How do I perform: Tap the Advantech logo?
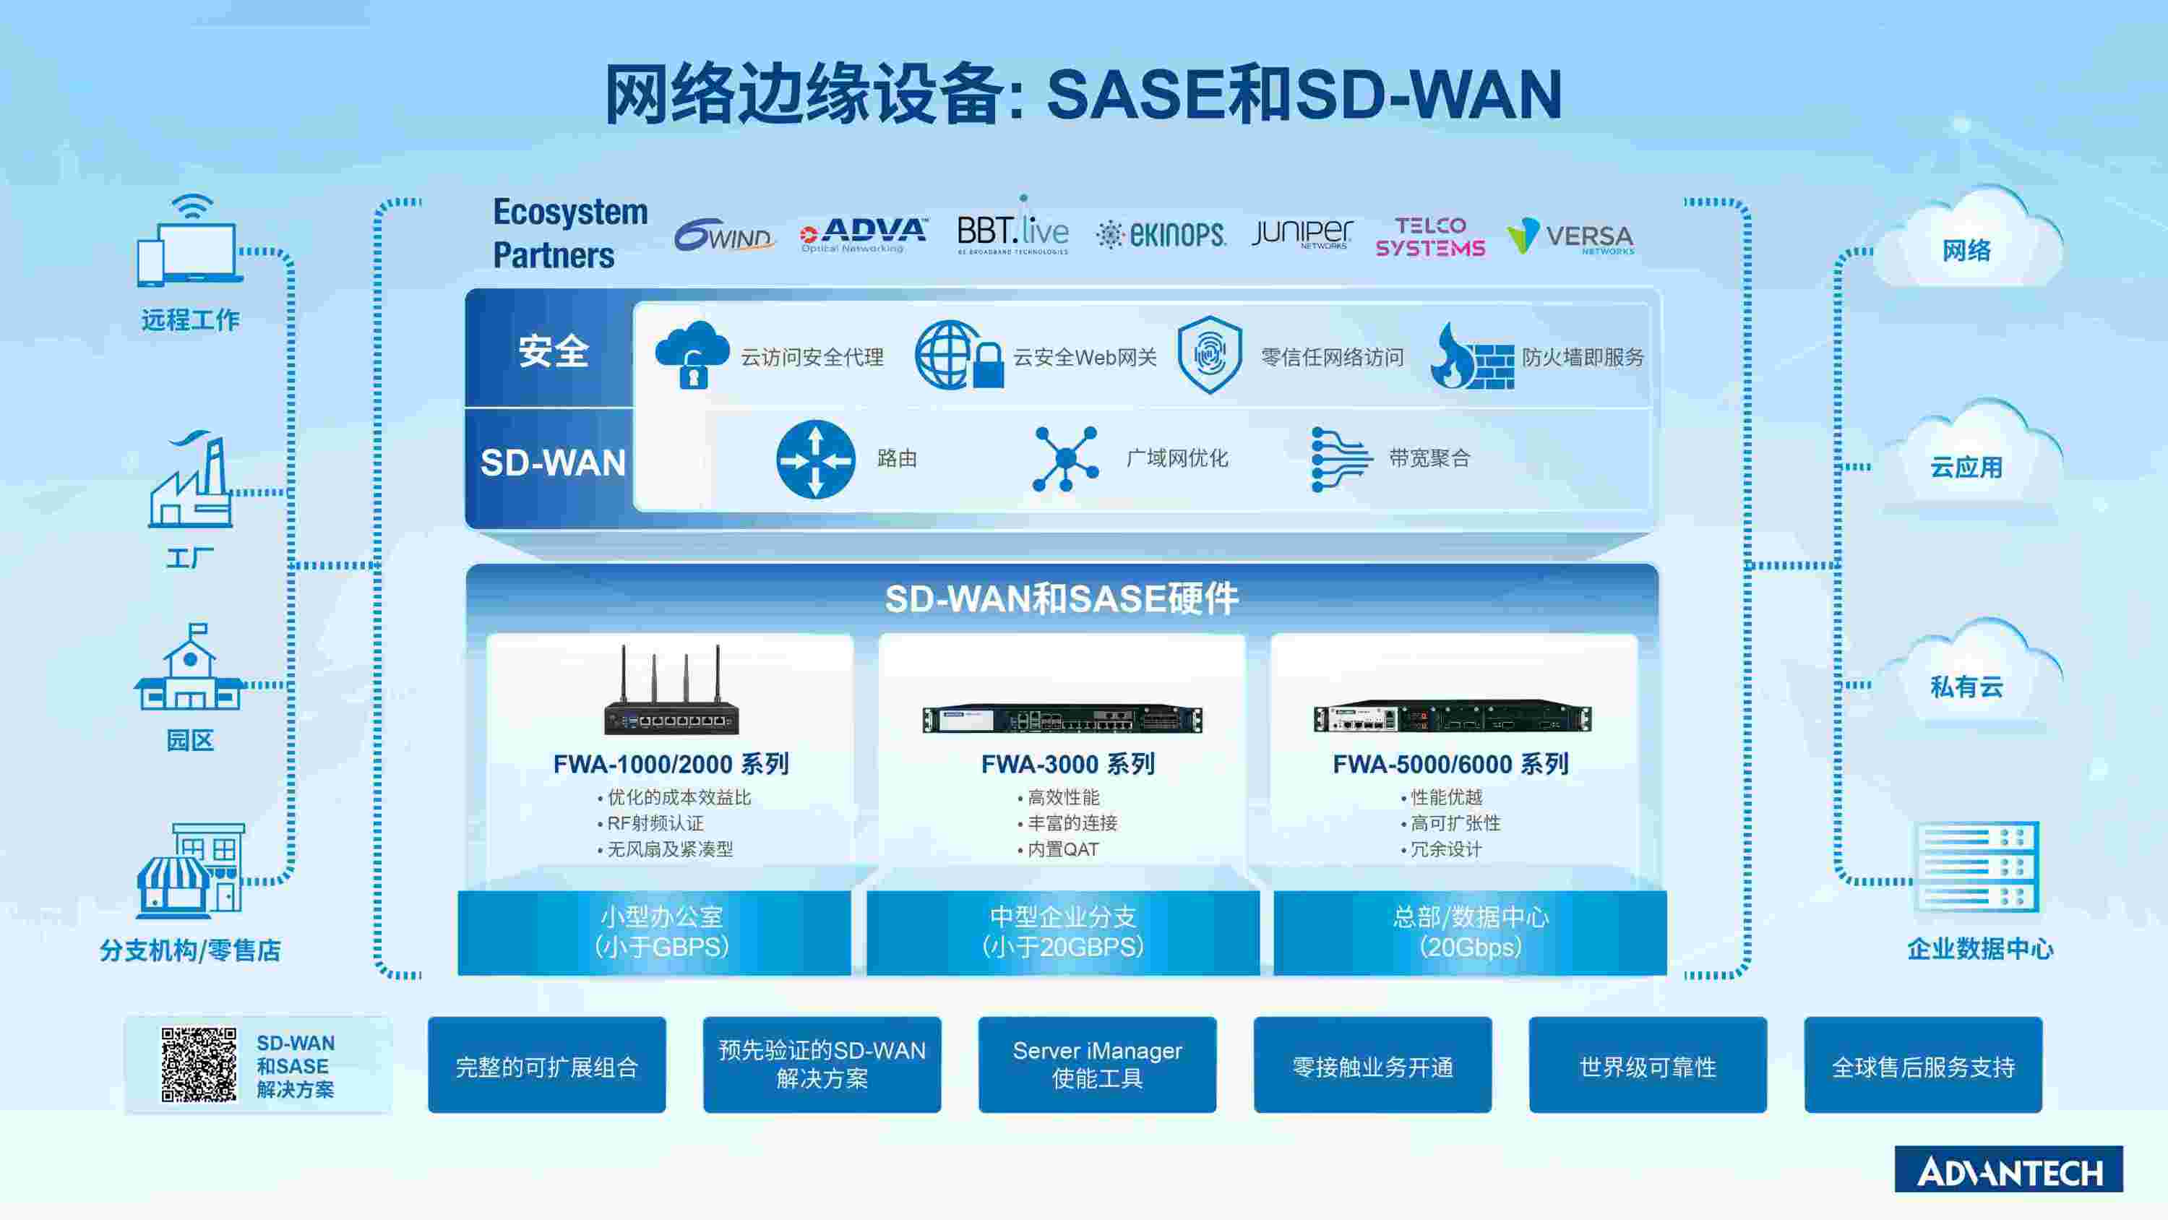tap(2008, 1169)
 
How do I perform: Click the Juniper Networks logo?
tap(1301, 233)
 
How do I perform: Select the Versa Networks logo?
tap(1570, 236)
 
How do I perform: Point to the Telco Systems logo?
tap(1430, 236)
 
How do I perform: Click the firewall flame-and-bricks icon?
tap(1471, 357)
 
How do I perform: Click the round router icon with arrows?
tap(814, 460)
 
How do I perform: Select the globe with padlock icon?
tap(958, 356)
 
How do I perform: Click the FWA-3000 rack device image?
tap(1062, 719)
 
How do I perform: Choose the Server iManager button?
tap(1096, 1064)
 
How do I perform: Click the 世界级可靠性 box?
tap(1647, 1065)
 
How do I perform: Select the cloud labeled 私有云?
tap(1967, 679)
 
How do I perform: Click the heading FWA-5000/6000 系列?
tap(1450, 764)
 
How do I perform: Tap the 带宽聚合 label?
tap(1429, 459)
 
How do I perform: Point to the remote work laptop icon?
tap(191, 244)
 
